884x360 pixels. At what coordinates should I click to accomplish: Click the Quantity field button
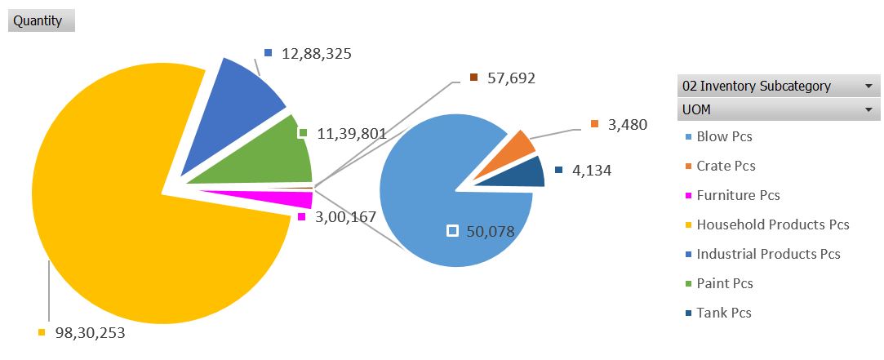(41, 21)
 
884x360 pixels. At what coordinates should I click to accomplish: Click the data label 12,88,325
(316, 54)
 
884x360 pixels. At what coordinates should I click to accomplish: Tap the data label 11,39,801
(351, 133)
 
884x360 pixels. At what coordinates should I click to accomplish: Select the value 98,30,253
(90, 333)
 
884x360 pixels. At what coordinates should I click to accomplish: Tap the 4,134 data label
(592, 171)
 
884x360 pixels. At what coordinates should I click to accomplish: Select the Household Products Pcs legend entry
(772, 224)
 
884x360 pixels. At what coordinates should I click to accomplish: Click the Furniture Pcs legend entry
(738, 195)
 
